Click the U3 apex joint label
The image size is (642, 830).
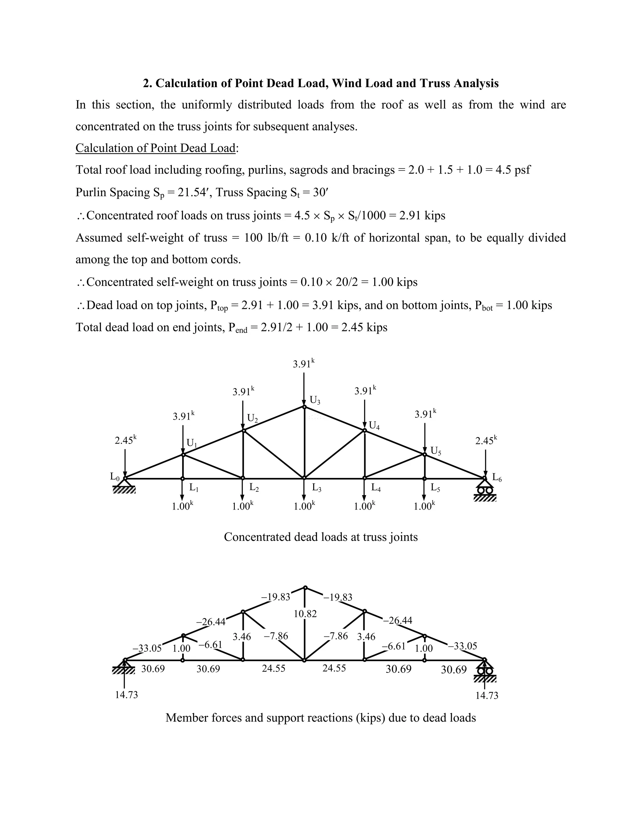tap(315, 400)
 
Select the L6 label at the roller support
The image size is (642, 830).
tap(497, 478)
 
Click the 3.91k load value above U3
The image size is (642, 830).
tap(303, 364)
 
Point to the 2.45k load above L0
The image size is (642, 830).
tap(125, 440)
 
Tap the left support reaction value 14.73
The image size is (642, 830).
tap(126, 695)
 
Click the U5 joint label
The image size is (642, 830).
tap(435, 451)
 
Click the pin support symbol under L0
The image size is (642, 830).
tap(124, 486)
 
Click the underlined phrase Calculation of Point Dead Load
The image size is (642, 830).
tap(155, 148)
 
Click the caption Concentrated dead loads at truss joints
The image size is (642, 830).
tap(321, 537)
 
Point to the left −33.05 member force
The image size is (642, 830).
tap(147, 648)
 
